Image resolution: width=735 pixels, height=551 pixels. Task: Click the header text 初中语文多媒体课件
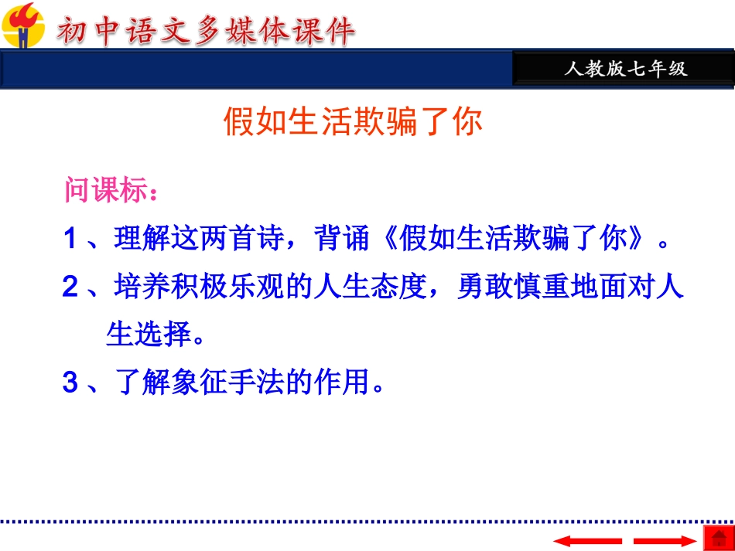(204, 32)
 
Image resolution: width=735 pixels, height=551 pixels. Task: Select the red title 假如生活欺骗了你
(353, 122)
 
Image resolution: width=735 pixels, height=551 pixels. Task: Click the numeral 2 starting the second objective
(70, 287)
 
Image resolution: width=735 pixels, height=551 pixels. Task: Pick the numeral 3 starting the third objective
(70, 383)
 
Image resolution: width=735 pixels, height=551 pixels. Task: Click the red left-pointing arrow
(587, 540)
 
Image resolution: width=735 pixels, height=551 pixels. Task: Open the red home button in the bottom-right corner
(717, 538)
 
